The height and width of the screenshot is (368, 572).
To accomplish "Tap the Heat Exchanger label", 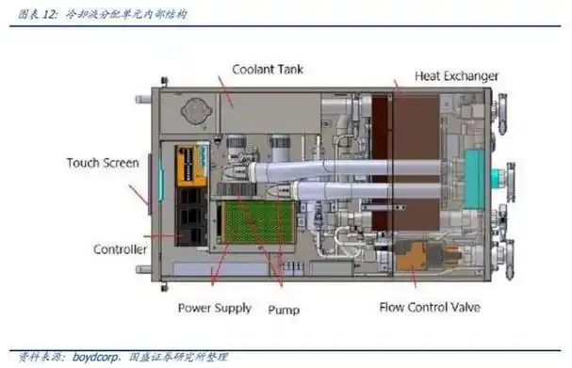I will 455,74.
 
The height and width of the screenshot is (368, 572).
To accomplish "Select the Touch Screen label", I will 103,162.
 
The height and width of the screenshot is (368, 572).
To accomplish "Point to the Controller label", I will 120,249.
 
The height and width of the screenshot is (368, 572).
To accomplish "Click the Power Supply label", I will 214,307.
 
